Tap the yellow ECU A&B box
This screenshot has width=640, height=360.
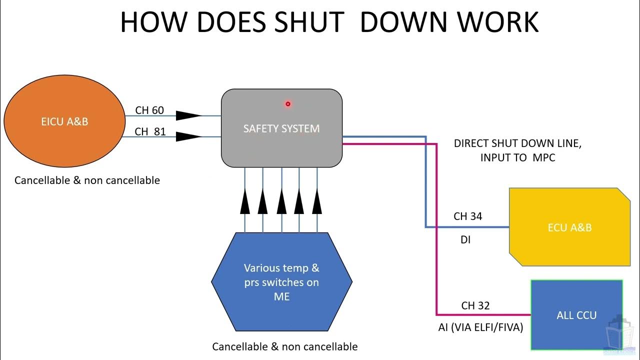tap(569, 227)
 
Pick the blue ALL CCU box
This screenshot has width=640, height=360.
tap(576, 315)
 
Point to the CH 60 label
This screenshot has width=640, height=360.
tap(149, 110)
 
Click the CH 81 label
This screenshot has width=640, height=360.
tap(149, 132)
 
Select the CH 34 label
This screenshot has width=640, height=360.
tap(467, 216)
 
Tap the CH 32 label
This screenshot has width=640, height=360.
tap(475, 305)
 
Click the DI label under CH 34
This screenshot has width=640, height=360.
tap(465, 240)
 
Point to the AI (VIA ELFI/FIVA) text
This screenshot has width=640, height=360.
tap(479, 327)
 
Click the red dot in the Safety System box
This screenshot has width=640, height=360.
tap(288, 104)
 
